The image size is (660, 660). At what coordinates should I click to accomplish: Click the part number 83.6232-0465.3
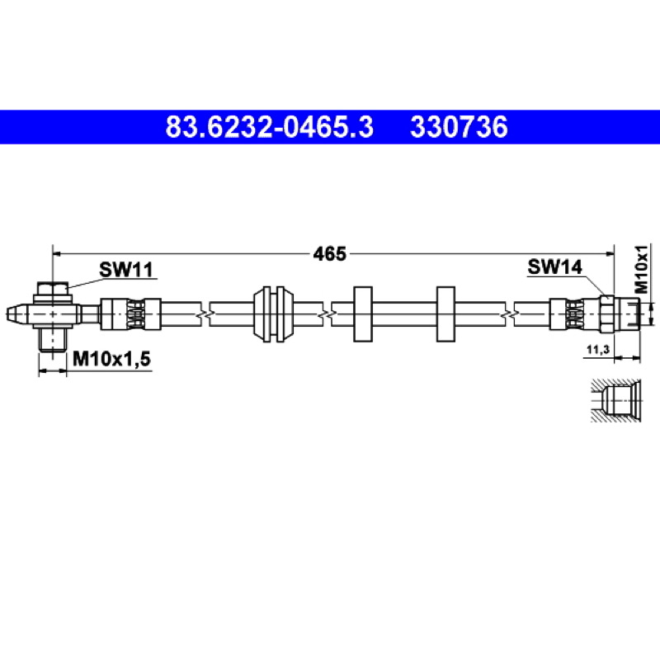270,127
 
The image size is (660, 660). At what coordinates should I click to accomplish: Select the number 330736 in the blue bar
459,127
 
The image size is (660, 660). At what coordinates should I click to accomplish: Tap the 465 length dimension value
329,254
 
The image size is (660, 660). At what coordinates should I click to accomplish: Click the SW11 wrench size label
126,270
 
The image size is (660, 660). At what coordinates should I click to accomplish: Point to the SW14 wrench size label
554,266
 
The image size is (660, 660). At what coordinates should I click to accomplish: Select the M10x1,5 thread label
111,359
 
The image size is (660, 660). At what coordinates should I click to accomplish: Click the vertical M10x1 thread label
641,269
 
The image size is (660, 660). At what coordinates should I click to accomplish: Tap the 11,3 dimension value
598,349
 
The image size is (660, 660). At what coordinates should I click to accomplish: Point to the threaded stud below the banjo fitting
53,339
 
